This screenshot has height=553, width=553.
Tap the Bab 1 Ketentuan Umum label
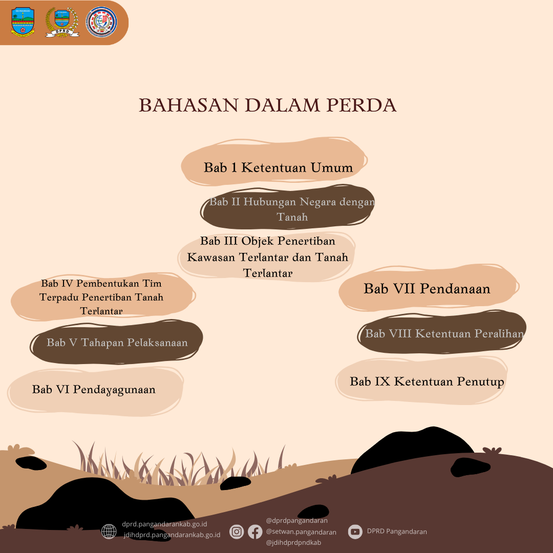click(x=278, y=167)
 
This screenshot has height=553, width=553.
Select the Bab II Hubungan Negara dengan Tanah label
click(x=292, y=209)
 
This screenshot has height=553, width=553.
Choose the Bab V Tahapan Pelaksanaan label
click(x=117, y=343)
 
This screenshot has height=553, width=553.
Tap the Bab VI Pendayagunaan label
click(x=94, y=389)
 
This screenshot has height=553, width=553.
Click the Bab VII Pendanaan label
click(x=427, y=288)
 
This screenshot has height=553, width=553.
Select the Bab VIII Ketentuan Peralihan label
click(x=444, y=333)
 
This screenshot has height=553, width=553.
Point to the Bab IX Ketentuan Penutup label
click(x=427, y=381)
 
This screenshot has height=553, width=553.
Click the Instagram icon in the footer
click(x=237, y=531)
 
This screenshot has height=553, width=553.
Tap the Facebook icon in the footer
click(x=255, y=531)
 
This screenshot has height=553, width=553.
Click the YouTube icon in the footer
click(x=355, y=531)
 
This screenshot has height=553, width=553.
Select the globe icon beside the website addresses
click(x=109, y=531)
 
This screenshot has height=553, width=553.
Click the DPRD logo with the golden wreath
click(x=62, y=22)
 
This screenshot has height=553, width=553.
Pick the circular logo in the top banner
click(x=101, y=22)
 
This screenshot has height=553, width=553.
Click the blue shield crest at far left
click(x=23, y=22)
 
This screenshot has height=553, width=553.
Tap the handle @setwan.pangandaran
click(x=301, y=531)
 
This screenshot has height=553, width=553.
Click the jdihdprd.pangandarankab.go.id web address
click(x=172, y=535)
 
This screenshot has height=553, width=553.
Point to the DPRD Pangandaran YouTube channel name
click(x=397, y=531)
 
